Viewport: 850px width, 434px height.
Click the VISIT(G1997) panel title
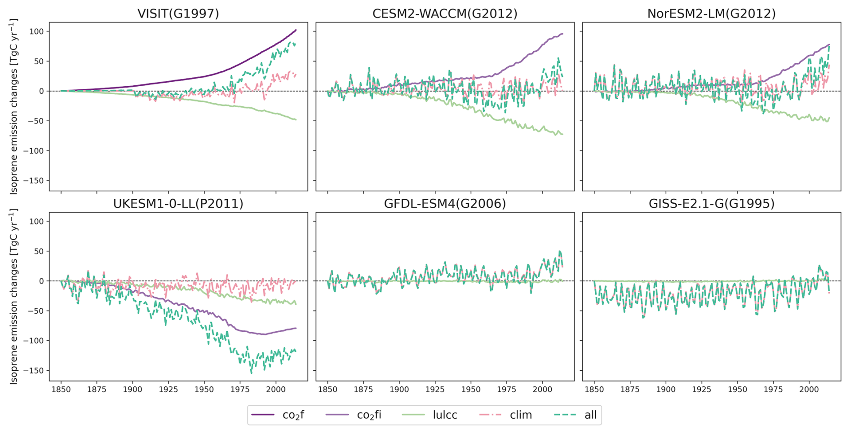point(178,14)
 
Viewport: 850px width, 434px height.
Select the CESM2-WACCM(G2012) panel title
point(445,14)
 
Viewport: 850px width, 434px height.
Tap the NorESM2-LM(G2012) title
point(711,14)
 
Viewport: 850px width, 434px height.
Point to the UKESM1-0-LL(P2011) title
point(178,204)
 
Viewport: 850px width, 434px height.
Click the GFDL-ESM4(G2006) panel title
point(445,204)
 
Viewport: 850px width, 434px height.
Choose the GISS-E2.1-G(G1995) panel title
point(711,204)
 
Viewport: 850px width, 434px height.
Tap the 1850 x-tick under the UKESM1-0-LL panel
point(61,390)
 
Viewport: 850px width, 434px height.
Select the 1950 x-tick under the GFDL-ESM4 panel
point(471,390)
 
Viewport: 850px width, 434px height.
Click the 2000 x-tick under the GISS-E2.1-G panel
point(809,390)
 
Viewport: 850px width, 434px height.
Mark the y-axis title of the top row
point(14,106)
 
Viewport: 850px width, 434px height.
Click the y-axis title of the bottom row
point(14,296)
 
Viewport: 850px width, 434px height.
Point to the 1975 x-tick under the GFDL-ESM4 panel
point(507,390)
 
